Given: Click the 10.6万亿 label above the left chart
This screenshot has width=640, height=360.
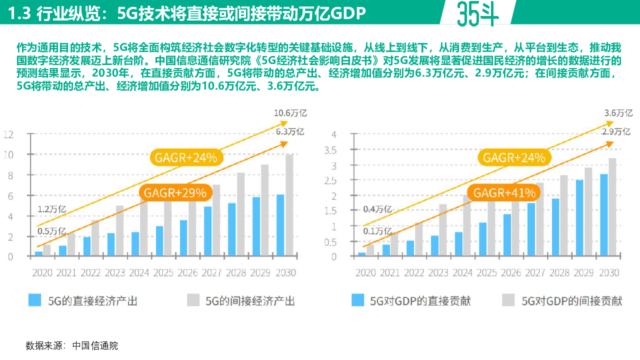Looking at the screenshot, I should click(290, 113).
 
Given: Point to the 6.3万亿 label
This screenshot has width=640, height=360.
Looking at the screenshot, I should click(290, 132).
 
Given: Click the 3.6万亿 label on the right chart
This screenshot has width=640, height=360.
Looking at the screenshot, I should click(618, 113).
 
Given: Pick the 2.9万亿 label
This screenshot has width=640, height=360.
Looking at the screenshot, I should click(615, 132).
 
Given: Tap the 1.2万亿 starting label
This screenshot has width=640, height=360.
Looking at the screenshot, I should click(51, 209).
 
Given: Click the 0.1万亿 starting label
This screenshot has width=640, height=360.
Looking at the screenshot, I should click(378, 231).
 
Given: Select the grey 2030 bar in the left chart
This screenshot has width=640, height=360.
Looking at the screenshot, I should click(289, 205).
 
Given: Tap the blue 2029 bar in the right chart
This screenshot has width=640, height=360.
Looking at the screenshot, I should click(579, 218).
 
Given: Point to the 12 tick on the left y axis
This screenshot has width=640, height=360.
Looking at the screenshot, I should click(8, 134).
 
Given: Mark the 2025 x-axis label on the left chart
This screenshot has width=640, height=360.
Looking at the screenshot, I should click(164, 273).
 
